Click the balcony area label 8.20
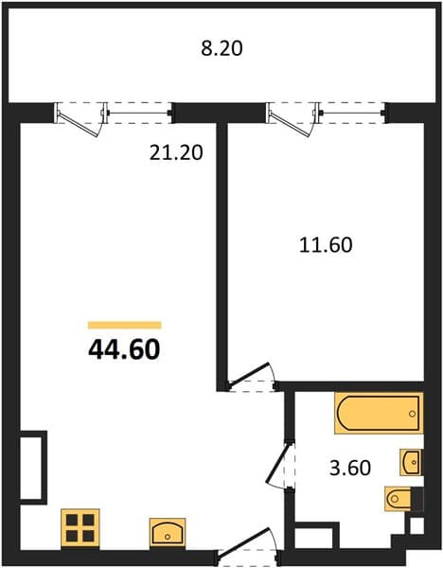pos(221,48)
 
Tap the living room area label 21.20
pos(176,152)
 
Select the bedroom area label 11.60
pos(326,245)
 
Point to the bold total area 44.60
pos(124,350)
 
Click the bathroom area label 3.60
pos(350,468)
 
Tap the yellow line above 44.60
pos(125,325)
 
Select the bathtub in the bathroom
pos(379,413)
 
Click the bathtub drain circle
pos(412,414)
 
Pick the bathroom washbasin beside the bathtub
pos(411,462)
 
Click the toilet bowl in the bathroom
pos(399,499)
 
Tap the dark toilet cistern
pos(417,499)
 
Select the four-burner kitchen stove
pos(80,528)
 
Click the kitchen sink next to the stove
pos(168,532)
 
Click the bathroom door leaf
pos(278,463)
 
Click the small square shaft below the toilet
pos(416,525)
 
